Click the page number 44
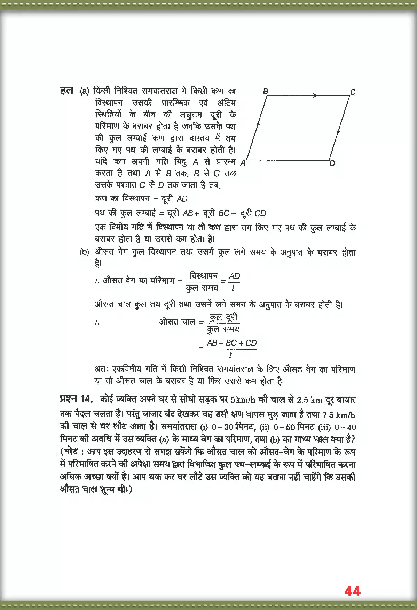point(352,591)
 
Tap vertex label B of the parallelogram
point(266,91)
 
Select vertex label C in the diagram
point(353,92)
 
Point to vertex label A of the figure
point(243,163)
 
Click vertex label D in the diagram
point(332,163)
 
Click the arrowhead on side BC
point(315,96)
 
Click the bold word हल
point(66,91)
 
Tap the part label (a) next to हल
point(85,92)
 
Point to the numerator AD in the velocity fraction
point(234,276)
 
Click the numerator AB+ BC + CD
point(231,343)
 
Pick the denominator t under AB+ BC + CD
point(230,355)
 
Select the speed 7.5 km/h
point(339,415)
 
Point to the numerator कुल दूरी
point(223,317)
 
